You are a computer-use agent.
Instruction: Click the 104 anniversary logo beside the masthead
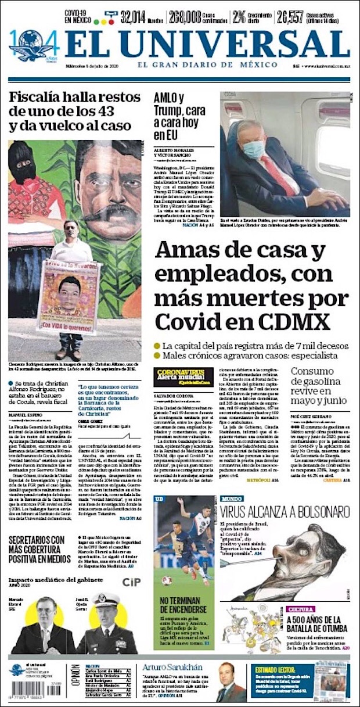click(32, 45)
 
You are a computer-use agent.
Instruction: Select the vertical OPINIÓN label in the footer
click(75, 681)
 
